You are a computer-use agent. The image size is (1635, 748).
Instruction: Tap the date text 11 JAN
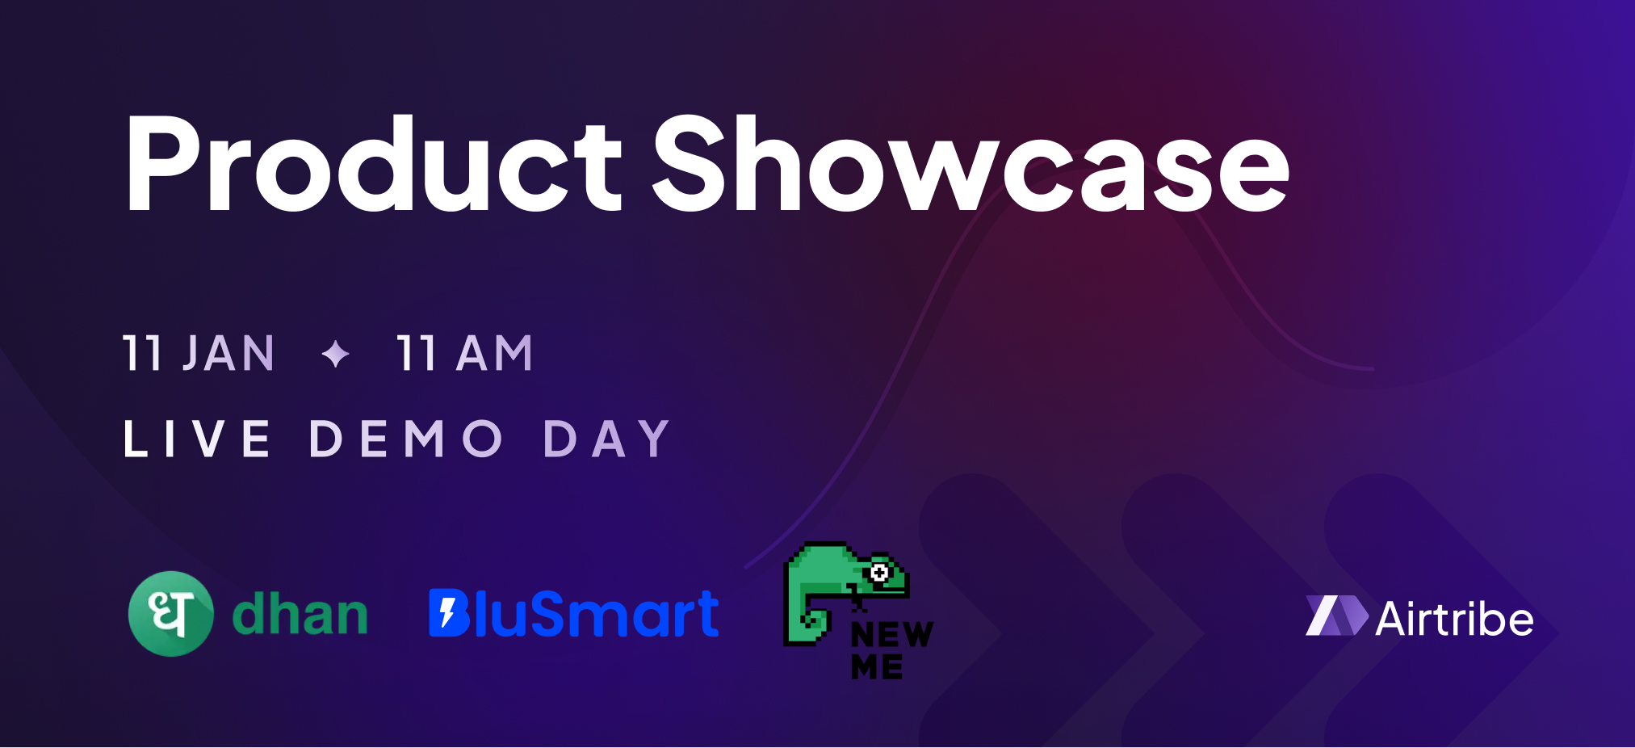(x=199, y=354)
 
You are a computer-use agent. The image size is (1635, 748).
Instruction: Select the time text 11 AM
(x=465, y=354)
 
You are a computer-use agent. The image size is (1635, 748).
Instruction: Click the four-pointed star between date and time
(x=336, y=354)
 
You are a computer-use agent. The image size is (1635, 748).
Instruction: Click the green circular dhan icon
(x=170, y=614)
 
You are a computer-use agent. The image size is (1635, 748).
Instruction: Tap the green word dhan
(x=300, y=616)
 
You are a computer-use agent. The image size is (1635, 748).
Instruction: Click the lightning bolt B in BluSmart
(x=449, y=613)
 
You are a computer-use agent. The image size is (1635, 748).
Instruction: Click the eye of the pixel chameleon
(x=879, y=573)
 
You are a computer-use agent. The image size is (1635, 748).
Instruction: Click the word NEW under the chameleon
(x=891, y=635)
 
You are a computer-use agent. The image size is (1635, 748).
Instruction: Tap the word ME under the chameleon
(x=877, y=667)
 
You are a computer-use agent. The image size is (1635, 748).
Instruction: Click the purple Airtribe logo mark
(x=1336, y=616)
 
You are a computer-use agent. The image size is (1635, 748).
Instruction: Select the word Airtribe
(x=1454, y=620)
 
